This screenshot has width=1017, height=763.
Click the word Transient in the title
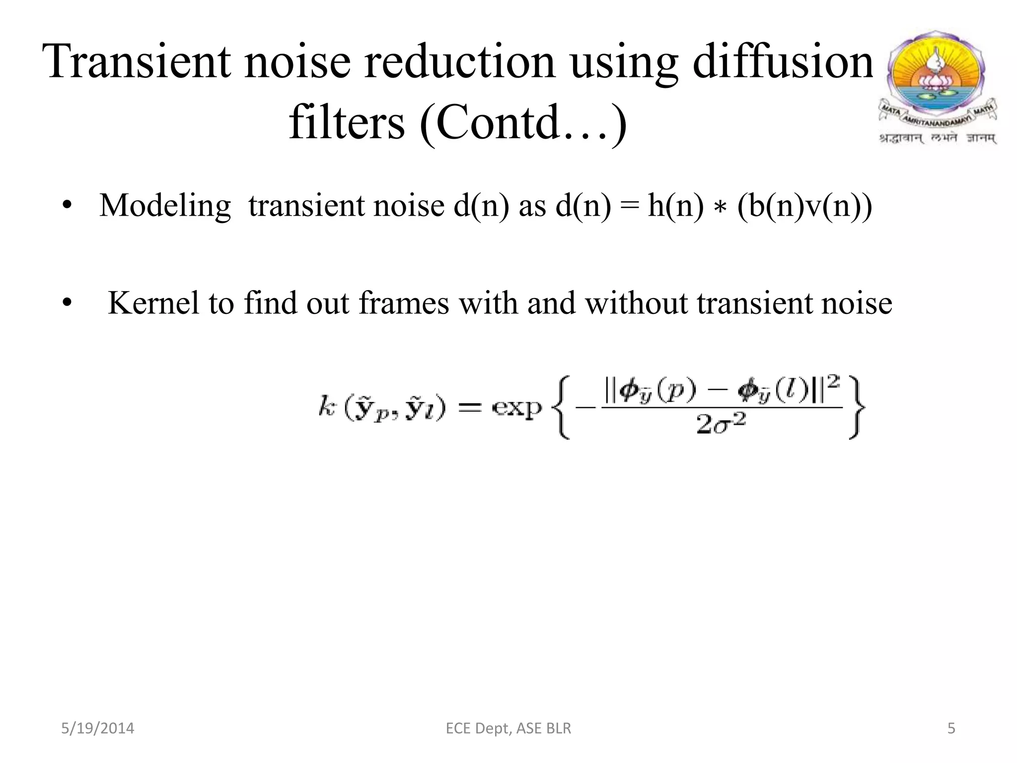(137, 62)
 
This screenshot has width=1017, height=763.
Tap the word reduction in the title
(460, 62)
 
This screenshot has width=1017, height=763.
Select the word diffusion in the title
(783, 62)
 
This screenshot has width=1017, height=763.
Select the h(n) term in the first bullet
(676, 206)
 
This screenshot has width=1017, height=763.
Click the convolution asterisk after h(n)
(720, 209)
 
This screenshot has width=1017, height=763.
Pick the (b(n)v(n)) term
(804, 206)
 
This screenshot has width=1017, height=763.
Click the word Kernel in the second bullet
(153, 303)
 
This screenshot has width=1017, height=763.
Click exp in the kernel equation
(516, 408)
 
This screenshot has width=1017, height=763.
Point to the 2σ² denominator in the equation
(721, 425)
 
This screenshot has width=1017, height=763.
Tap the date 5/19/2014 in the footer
(97, 728)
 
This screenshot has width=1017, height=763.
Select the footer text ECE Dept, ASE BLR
(508, 728)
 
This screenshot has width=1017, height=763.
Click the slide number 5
(951, 728)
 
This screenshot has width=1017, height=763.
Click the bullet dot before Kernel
(68, 303)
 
